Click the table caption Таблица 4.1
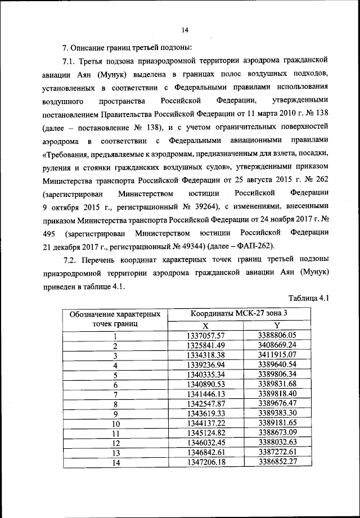(x=308, y=298)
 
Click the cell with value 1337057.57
(x=205, y=336)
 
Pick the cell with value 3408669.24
(x=277, y=345)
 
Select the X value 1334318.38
(x=205, y=355)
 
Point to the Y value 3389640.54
(x=277, y=364)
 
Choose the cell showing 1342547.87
(x=205, y=404)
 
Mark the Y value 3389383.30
(x=277, y=413)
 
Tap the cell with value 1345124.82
(x=205, y=433)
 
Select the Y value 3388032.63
(x=277, y=443)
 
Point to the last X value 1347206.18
(x=205, y=462)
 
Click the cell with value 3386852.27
(x=277, y=462)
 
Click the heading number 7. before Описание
(x=65, y=46)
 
